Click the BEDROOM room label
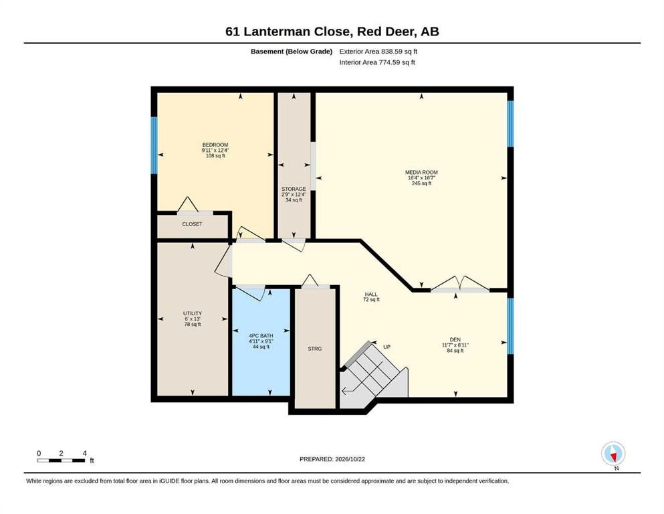tap(215, 145)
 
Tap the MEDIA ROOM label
tap(421, 173)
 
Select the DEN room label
tap(455, 339)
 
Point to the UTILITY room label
tap(193, 314)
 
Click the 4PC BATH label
tap(261, 335)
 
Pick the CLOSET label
tap(193, 224)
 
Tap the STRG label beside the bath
tap(315, 349)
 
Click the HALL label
tap(371, 294)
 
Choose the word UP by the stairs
tap(386, 347)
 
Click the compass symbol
tap(613, 454)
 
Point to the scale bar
tap(61, 460)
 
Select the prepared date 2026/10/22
tap(350, 459)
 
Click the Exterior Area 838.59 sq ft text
tap(378, 52)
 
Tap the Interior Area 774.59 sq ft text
tap(377, 62)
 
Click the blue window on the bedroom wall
tap(154, 145)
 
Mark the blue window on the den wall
tap(510, 326)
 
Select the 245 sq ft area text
tap(421, 183)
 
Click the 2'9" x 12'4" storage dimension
tap(294, 195)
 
